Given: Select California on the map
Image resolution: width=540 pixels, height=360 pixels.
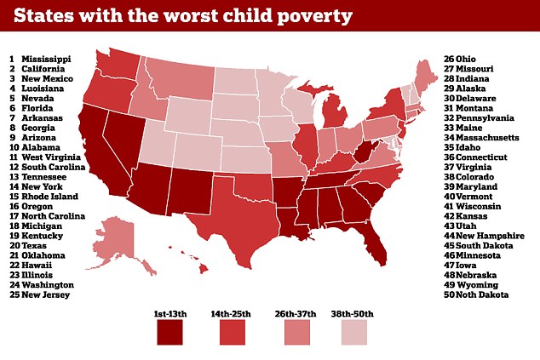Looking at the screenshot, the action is click(x=100, y=155).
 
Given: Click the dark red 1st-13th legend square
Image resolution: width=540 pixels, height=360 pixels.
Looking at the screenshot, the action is click(x=169, y=332).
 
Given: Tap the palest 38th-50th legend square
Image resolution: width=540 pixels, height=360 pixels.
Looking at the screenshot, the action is click(x=354, y=332).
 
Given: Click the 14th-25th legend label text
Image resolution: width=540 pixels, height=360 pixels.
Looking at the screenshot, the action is click(x=231, y=314).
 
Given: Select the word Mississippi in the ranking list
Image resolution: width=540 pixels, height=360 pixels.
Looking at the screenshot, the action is click(x=46, y=60).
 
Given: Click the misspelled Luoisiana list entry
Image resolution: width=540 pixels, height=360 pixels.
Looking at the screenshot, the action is click(x=43, y=89).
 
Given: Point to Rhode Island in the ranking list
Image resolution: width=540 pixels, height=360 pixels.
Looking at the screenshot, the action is click(x=50, y=197).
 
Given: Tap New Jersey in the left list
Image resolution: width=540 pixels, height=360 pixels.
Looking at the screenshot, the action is click(x=45, y=295).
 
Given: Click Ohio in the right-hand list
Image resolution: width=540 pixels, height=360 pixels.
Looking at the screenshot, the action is click(x=466, y=60).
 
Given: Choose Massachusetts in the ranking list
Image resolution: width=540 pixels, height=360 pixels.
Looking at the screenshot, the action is click(x=487, y=138).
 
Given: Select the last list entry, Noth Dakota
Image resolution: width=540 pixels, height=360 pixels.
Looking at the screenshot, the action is click(x=482, y=295).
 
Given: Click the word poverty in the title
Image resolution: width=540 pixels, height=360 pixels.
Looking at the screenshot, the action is click(x=315, y=16).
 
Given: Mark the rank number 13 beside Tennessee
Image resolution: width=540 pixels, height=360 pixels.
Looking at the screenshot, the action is click(x=14, y=177).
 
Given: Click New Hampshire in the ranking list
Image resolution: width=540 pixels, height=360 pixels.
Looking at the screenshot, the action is click(x=490, y=236).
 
